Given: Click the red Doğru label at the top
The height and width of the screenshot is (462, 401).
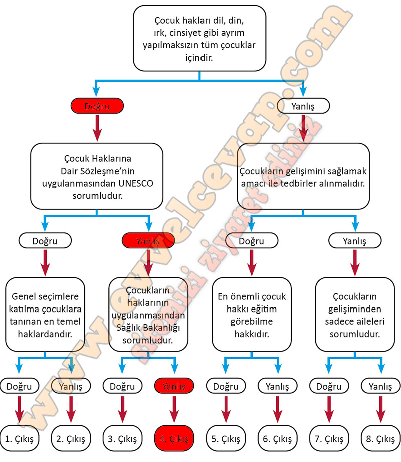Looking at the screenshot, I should pos(96,106).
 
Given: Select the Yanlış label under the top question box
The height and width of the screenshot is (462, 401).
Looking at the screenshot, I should pos(303,106).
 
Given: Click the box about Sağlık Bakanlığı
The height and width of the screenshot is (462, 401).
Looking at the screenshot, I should pos(148,315).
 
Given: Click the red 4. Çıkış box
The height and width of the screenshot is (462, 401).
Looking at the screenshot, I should pos(173,439).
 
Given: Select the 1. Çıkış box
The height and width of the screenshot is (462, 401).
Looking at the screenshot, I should pos(19,439).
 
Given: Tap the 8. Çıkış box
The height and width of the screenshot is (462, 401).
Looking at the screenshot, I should pos(380,439).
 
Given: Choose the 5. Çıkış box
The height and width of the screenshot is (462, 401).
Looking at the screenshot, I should pos(226,439).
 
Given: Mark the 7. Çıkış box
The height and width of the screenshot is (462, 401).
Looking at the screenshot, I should pos(329,439).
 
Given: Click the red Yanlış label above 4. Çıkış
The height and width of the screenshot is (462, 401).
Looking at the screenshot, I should pos(173,386).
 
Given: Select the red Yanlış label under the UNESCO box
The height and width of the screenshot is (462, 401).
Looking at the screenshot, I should pos(148,241).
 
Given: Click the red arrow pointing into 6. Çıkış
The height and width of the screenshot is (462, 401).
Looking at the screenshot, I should pos(277,409).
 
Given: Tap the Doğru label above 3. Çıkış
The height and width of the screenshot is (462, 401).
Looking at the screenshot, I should pos(122,386).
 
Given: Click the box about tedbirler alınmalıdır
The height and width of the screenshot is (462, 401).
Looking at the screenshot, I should pos(303,177).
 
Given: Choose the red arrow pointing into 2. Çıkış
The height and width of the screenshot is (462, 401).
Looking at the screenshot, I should pos(71,409).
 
